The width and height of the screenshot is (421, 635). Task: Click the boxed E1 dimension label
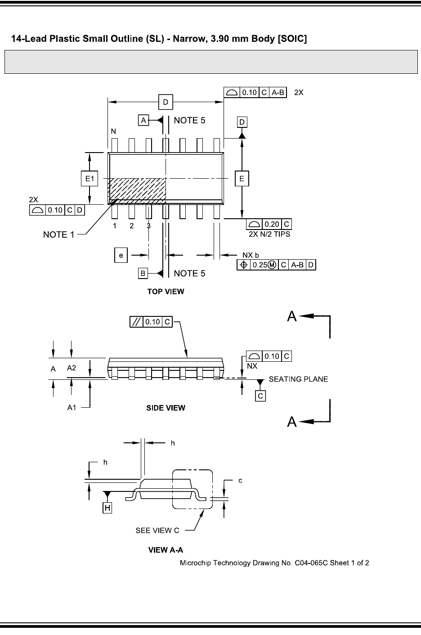[x=90, y=178]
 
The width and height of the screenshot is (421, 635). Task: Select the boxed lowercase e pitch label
[x=121, y=255]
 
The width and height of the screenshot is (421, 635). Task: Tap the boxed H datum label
[x=107, y=508]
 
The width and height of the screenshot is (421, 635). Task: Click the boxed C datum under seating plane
[x=260, y=396]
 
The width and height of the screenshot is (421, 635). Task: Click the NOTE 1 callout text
[x=58, y=235]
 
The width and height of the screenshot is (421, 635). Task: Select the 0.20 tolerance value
[x=272, y=224]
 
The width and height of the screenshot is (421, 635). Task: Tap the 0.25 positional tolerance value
[x=260, y=265]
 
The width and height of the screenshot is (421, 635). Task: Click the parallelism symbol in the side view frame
[x=136, y=322]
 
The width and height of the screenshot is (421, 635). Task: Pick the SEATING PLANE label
[x=298, y=379]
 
